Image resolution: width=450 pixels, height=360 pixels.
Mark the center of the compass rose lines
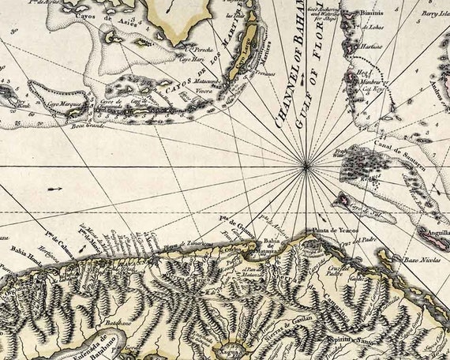[307, 166]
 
